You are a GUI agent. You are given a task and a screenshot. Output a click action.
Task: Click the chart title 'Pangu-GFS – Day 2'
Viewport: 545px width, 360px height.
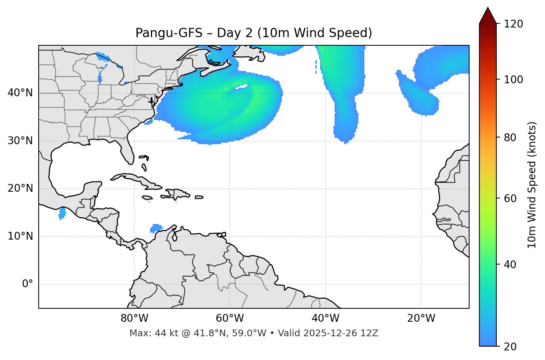pos(254,33)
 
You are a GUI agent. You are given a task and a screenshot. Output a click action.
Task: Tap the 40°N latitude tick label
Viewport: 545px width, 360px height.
pos(20,93)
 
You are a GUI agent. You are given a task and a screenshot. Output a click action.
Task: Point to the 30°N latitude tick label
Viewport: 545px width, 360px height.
pos(20,141)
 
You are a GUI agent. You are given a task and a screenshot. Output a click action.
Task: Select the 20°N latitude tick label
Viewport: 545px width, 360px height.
pos(20,188)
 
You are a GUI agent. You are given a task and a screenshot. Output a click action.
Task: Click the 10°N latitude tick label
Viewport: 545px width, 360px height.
pos(20,236)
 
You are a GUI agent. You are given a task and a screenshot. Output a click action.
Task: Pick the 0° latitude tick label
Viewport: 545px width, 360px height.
pos(28,284)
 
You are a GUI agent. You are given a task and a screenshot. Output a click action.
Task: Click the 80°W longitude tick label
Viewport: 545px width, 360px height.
pos(134,318)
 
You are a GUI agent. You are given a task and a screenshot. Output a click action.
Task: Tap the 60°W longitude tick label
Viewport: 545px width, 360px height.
pos(230,318)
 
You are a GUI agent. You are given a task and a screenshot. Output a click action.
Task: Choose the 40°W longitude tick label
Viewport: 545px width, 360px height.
pos(325,318)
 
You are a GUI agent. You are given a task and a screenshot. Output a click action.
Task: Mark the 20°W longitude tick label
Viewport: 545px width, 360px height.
pos(421,318)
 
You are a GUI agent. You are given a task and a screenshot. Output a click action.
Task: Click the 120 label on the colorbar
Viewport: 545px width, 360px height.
pos(513,24)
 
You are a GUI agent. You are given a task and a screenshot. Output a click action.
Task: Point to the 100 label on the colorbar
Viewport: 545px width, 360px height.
pos(513,80)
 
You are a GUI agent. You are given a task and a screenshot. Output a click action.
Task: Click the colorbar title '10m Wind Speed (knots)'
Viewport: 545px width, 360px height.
pos(532,185)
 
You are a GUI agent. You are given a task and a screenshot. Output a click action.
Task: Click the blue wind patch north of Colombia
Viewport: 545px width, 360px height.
pos(156,228)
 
